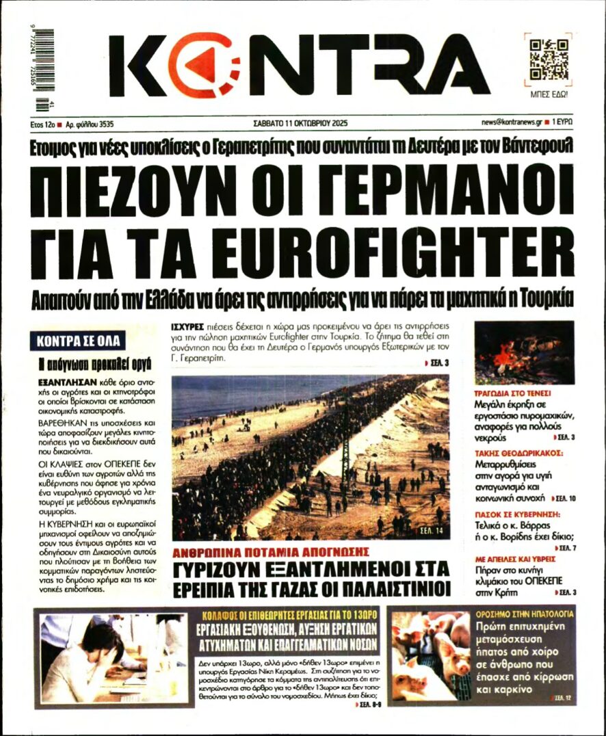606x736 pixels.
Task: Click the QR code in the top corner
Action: click(x=549, y=60)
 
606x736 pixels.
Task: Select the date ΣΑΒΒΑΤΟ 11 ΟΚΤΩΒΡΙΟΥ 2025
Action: click(x=301, y=123)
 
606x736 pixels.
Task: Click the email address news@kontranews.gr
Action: click(x=512, y=123)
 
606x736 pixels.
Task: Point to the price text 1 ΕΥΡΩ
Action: click(x=562, y=123)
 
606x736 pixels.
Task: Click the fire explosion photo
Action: click(x=524, y=352)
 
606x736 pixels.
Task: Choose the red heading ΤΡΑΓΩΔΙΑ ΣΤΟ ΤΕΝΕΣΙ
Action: click(x=512, y=394)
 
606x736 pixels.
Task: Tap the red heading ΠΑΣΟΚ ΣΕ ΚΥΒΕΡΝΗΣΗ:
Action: click(x=517, y=513)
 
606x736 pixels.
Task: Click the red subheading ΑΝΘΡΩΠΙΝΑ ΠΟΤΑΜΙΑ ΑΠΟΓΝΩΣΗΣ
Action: click(x=271, y=551)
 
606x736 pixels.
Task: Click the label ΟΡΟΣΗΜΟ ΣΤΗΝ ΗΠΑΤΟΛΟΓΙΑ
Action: click(x=525, y=614)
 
